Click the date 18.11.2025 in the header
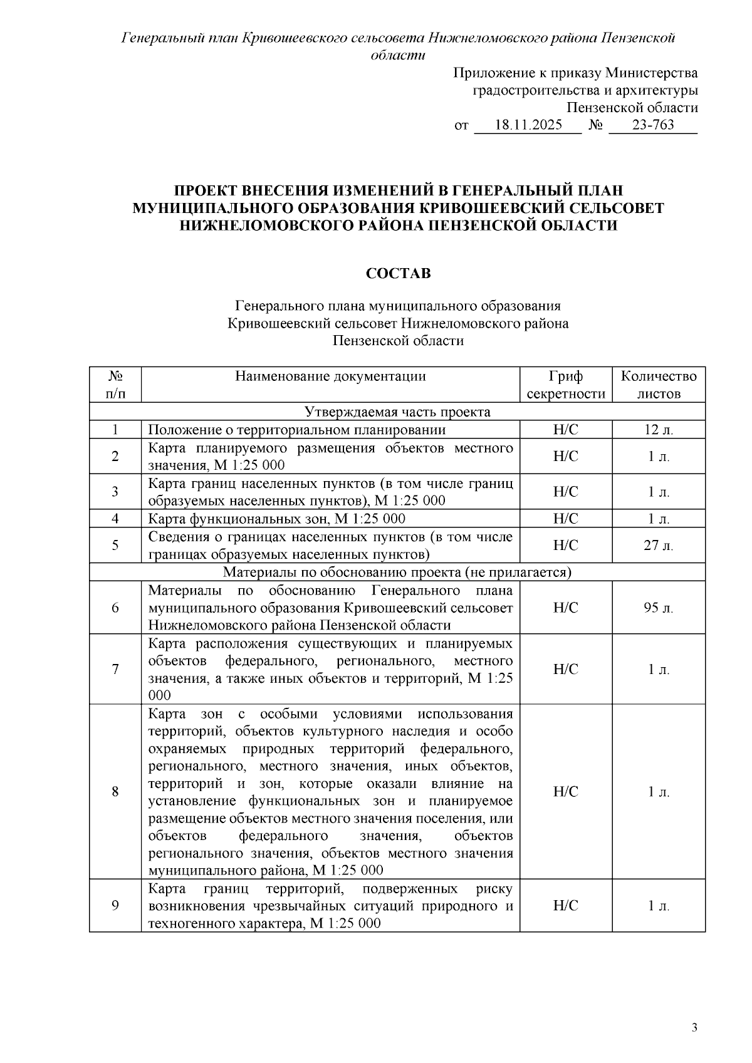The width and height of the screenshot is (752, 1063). click(528, 125)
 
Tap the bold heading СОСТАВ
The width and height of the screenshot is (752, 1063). click(398, 274)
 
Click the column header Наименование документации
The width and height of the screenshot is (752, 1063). click(330, 376)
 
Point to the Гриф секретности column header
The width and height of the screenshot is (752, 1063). click(565, 385)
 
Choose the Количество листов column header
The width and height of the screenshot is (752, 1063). click(658, 385)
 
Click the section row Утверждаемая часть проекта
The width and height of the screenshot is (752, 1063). click(397, 412)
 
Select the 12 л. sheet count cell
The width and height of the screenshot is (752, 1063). click(658, 430)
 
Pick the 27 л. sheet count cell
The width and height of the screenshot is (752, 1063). click(658, 546)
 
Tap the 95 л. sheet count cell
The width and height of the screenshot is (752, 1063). click(658, 608)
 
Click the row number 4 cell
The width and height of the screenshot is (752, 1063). click(115, 519)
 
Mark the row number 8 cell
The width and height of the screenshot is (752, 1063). click(115, 792)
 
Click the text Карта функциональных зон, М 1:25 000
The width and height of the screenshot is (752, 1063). click(276, 519)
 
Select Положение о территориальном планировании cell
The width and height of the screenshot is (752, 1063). click(297, 430)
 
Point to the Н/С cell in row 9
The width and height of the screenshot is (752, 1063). click(565, 906)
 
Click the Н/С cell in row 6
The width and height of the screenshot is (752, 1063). click(565, 608)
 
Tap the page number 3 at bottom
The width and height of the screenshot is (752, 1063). click(694, 1028)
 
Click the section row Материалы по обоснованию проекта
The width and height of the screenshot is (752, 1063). click(397, 573)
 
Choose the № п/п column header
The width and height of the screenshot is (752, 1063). click(115, 385)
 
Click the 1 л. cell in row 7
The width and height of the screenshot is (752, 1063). click(658, 670)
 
